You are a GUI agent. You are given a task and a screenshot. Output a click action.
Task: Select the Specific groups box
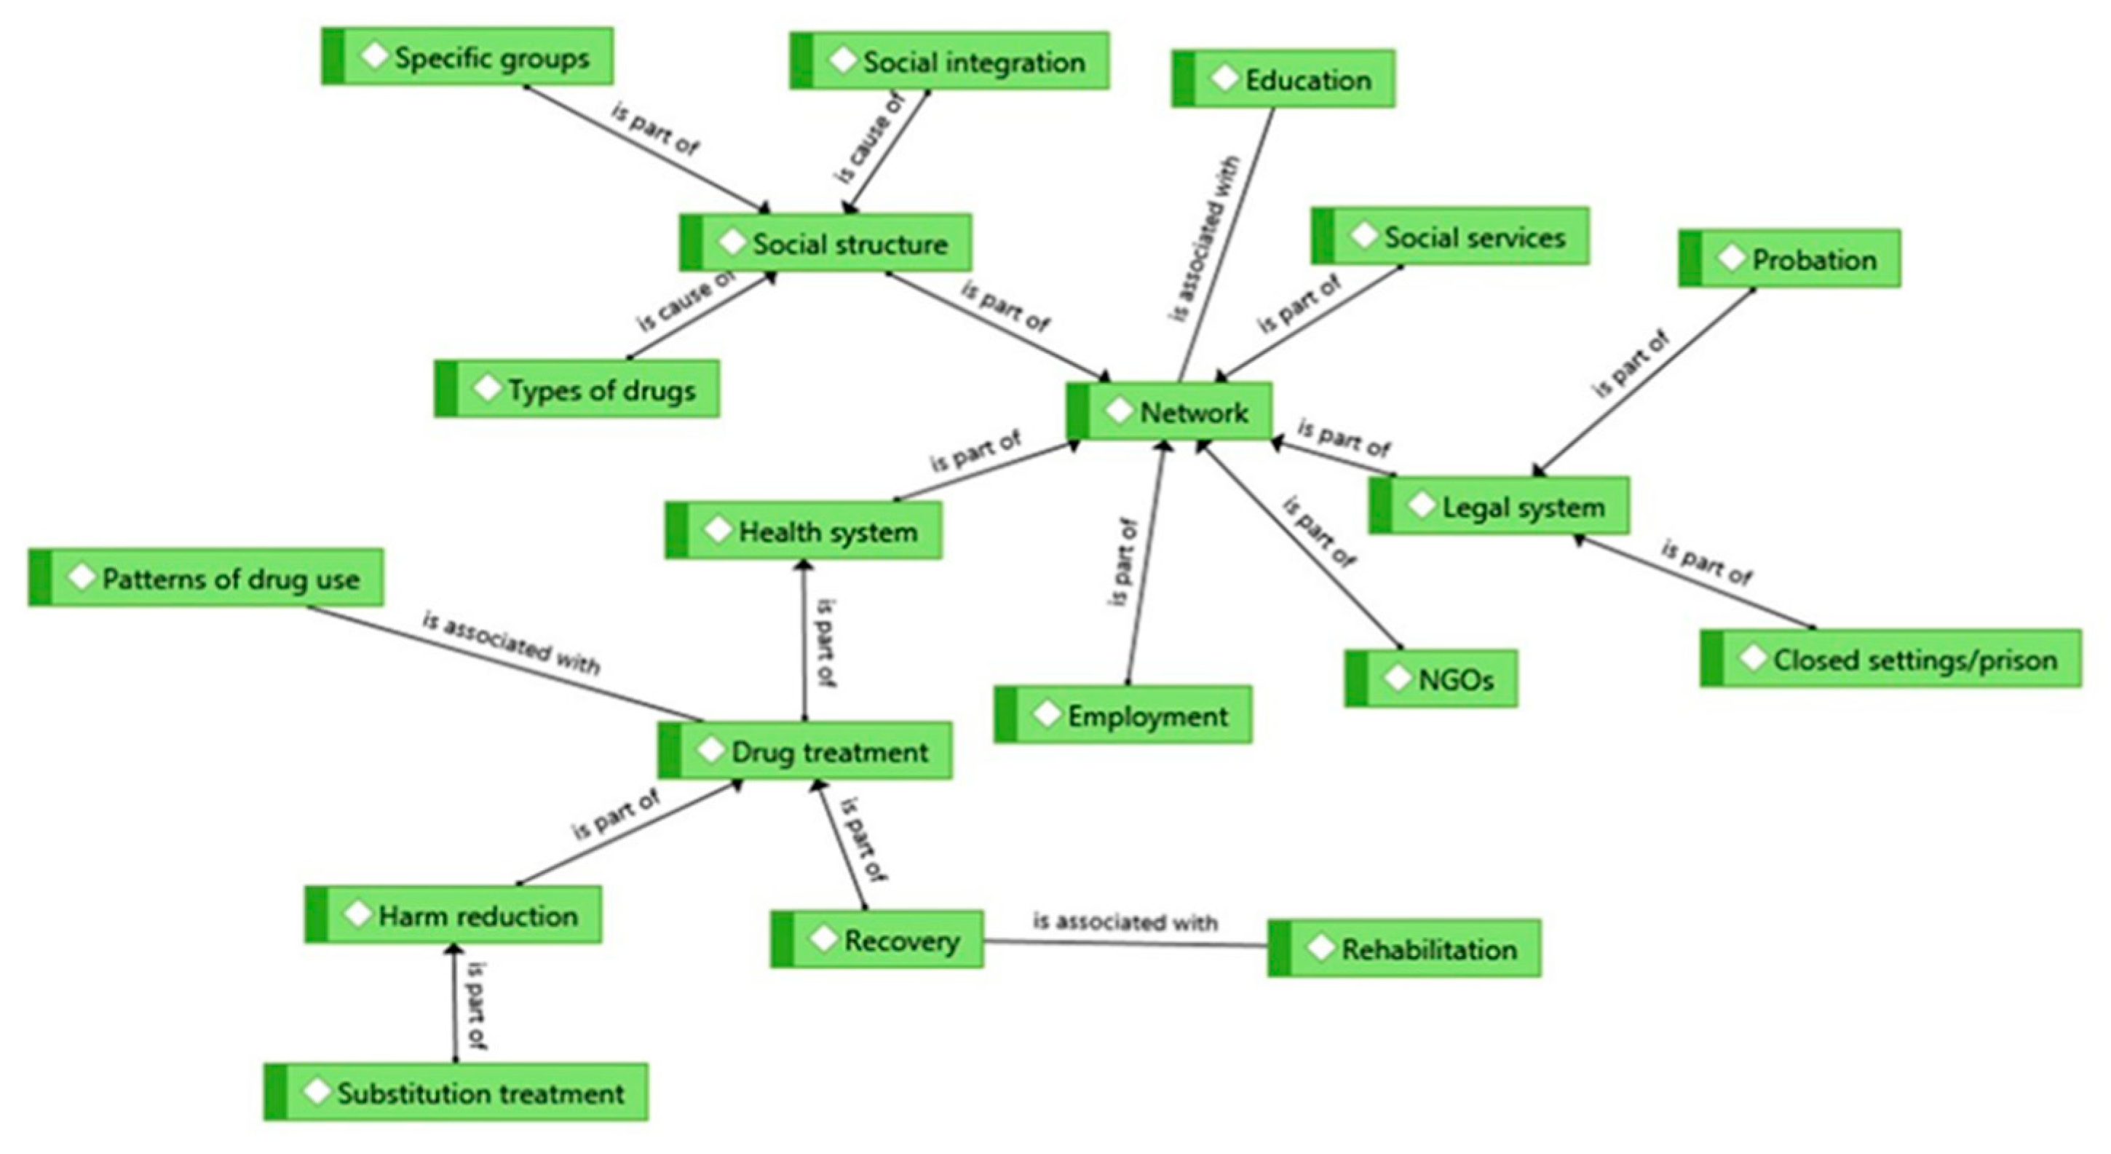coord(467,58)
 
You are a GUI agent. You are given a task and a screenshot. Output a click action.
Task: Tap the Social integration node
coord(949,61)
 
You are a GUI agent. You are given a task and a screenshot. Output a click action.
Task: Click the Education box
coord(1283,79)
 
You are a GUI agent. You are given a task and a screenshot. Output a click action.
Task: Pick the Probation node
coord(1789,260)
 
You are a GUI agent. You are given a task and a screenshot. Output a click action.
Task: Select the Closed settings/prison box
coord(1890,659)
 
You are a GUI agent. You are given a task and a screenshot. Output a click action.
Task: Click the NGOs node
coord(1431,679)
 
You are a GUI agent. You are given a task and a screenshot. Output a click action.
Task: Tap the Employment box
coord(1122,716)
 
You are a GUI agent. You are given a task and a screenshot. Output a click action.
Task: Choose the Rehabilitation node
coord(1403,949)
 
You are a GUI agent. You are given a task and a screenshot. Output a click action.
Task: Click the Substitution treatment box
coord(456,1093)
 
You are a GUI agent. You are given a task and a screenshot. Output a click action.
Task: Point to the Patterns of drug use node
coord(206,579)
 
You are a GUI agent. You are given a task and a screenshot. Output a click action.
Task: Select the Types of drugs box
coord(577,390)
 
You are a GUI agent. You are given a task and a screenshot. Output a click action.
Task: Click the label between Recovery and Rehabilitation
coord(1125,922)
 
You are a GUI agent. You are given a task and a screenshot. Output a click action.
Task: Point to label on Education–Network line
coord(1205,237)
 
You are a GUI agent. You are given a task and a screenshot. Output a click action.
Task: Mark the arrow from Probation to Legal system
coord(1647,380)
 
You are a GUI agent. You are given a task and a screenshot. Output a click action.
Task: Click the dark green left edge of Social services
coord(1322,236)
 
